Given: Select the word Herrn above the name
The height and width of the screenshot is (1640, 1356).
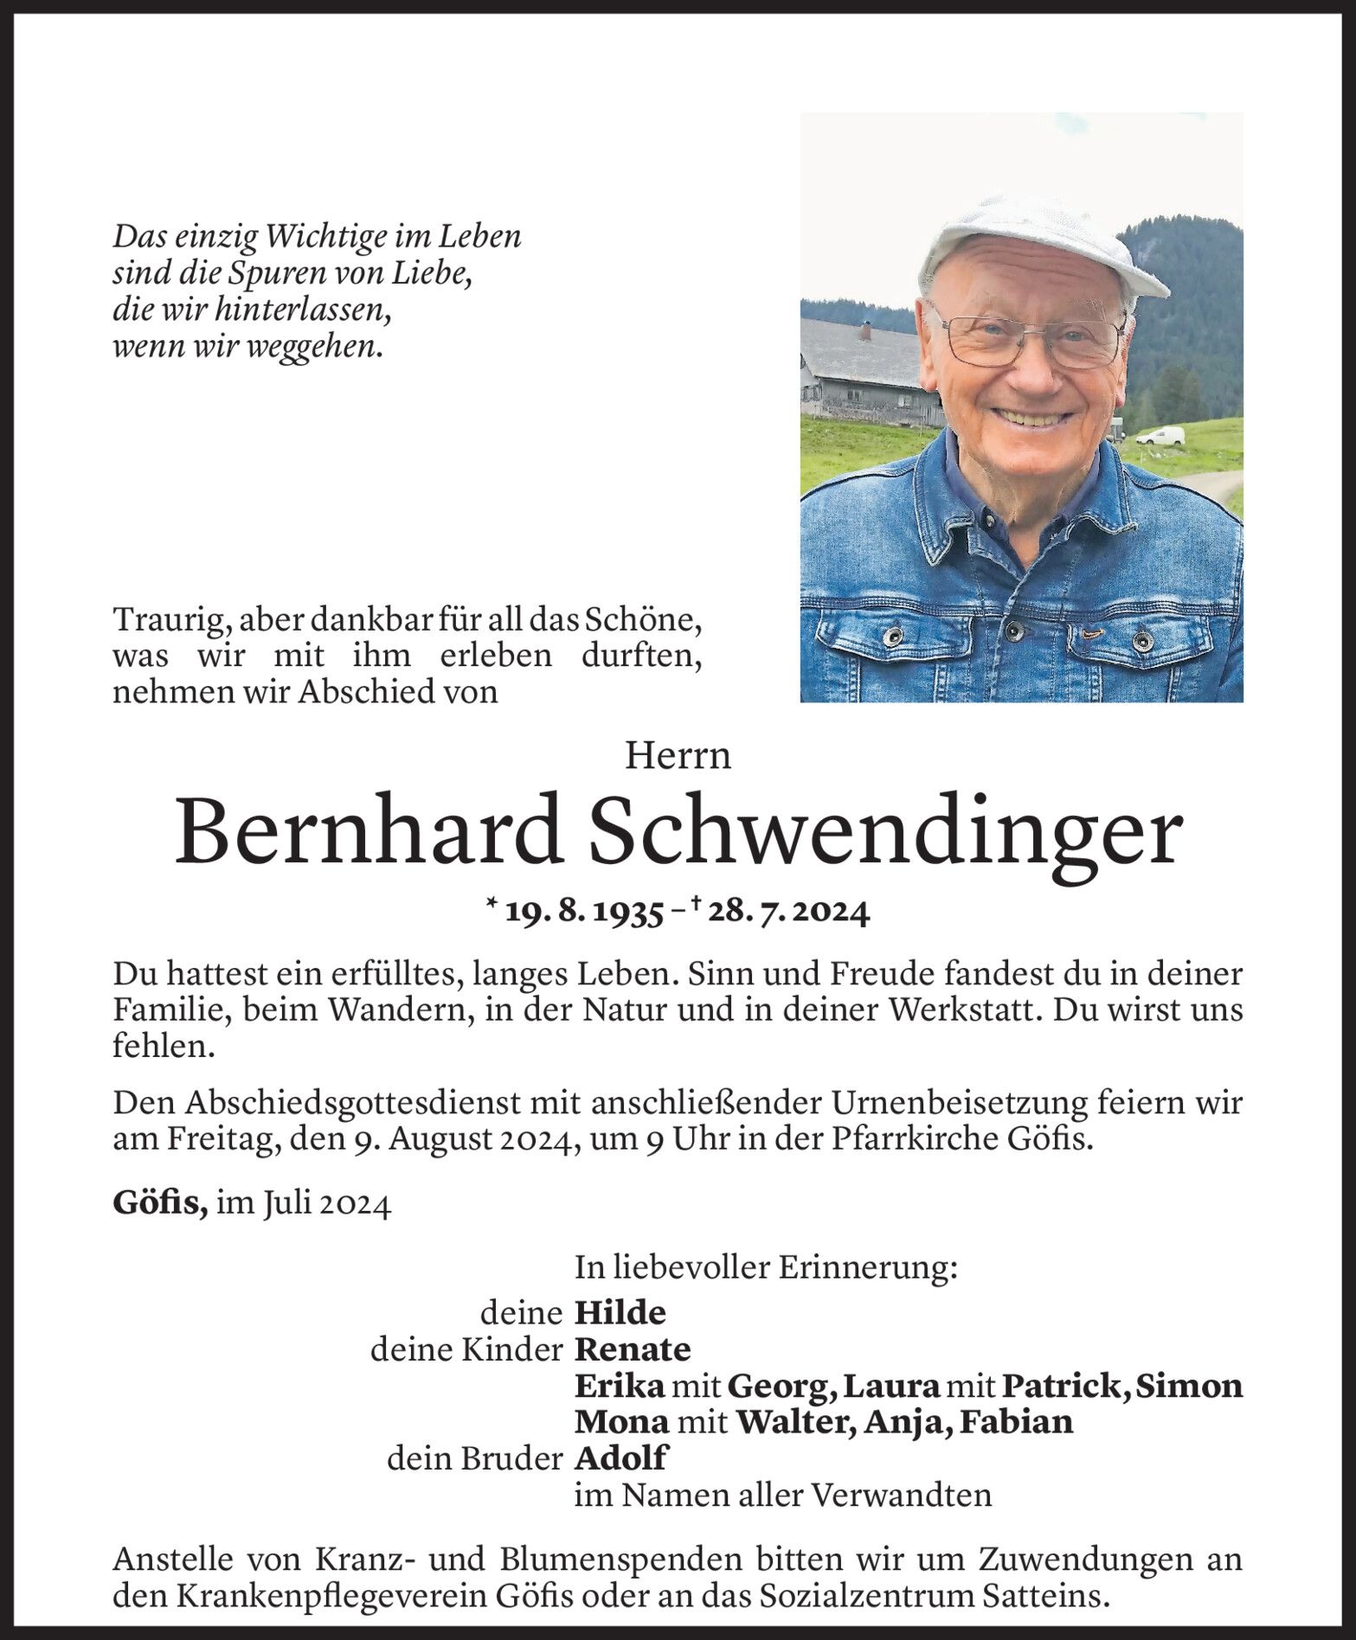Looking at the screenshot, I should pyautogui.click(x=678, y=757).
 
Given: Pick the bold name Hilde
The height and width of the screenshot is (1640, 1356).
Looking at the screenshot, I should pyautogui.click(x=620, y=1313).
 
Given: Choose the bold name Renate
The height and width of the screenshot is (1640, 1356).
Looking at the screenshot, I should pyautogui.click(x=632, y=1349).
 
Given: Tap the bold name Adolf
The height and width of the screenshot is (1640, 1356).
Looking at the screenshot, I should pyautogui.click(x=620, y=1458).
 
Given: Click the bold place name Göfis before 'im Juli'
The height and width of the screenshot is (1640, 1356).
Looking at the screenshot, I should pyautogui.click(x=159, y=1205).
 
